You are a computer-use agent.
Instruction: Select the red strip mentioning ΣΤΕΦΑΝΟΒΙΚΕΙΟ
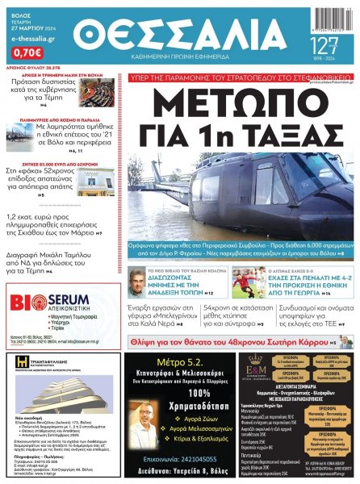tap(240, 78)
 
